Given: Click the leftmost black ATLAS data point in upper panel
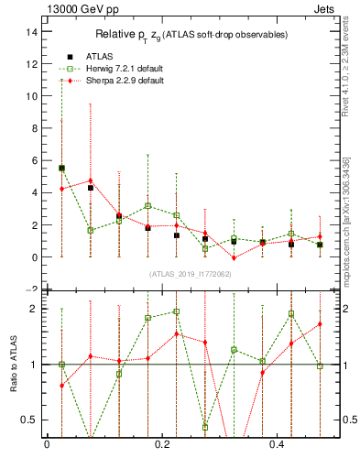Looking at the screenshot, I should point(61,169).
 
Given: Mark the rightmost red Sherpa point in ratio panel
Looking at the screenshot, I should point(320,324).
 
